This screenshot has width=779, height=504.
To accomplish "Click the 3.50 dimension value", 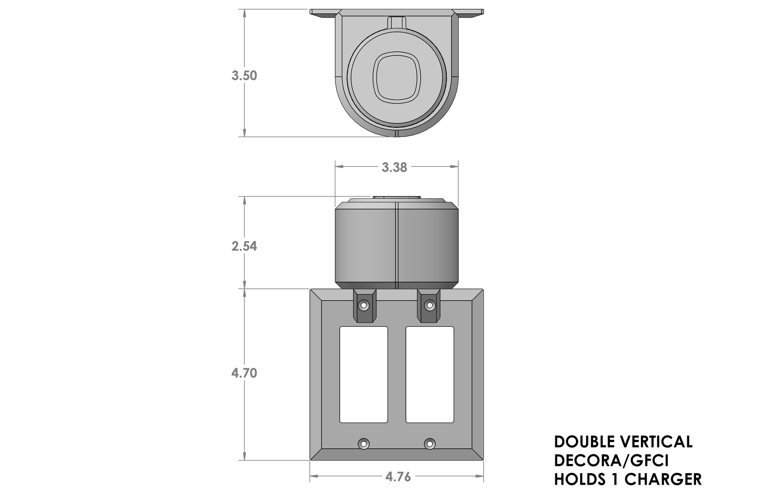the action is click(244, 76).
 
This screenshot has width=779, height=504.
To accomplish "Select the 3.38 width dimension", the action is click(394, 167).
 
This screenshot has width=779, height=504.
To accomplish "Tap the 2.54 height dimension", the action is click(244, 246).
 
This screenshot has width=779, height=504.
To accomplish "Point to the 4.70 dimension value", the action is click(244, 373).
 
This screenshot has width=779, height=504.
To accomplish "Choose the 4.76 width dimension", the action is click(398, 477).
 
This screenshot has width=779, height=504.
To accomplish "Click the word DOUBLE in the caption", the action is click(585, 442).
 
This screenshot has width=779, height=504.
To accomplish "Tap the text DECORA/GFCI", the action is click(611, 461).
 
